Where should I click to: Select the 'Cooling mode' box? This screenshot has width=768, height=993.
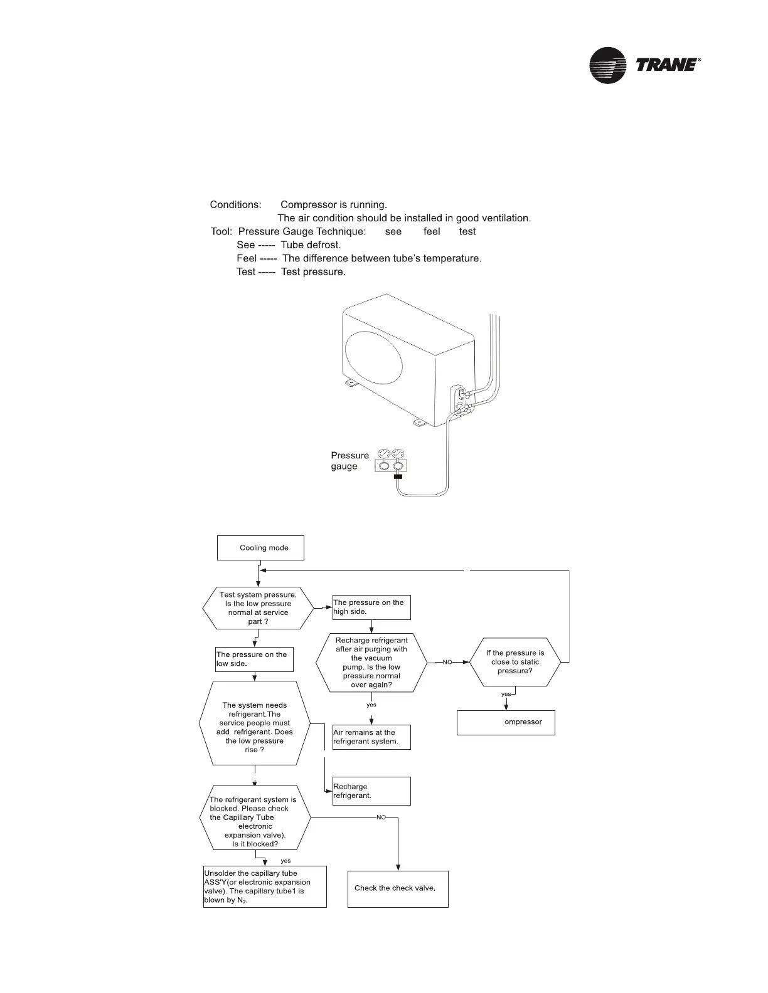coord(260,548)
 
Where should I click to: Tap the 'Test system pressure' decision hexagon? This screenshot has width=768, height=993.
coord(258,608)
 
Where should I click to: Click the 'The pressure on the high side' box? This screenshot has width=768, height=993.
coord(371,607)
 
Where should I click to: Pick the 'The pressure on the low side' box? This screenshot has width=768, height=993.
coord(254,659)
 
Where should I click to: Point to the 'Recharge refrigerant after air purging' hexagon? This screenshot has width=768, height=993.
coord(371,663)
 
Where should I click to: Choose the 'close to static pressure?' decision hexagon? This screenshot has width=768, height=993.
coord(515,662)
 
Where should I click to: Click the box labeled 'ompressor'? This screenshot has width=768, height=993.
coord(506,722)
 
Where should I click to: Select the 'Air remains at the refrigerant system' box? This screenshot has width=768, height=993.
coord(371,737)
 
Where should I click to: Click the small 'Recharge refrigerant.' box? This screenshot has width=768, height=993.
coord(371,791)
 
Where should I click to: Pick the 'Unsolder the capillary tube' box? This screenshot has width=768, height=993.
coord(265,886)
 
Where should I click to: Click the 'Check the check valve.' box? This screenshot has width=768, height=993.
coord(398,888)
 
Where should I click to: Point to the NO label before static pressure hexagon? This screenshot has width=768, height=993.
coord(447,663)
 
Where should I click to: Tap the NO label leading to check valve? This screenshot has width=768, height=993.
coord(381,817)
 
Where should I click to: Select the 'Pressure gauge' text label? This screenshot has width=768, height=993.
coord(349,461)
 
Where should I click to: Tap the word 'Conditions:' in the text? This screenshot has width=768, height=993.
coord(235,205)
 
